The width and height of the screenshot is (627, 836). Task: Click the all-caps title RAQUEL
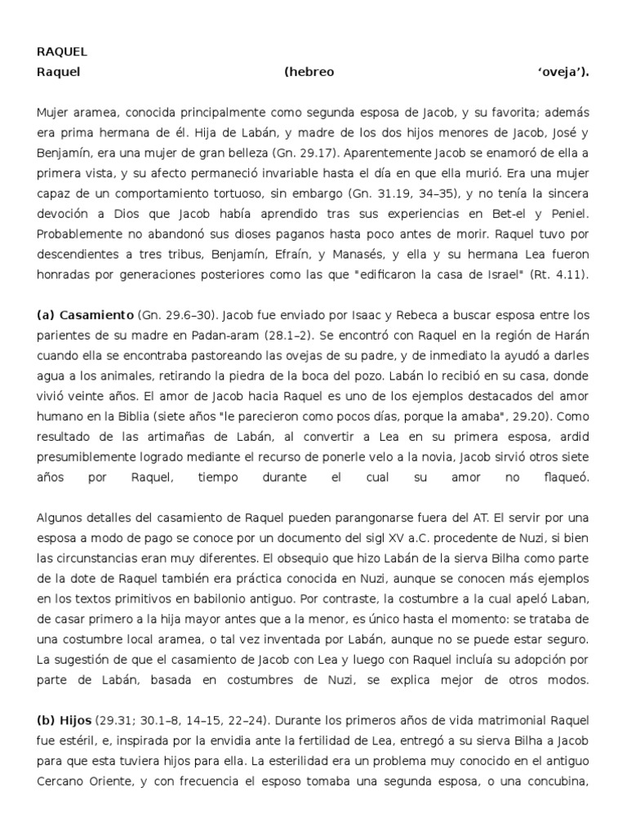pos(62,52)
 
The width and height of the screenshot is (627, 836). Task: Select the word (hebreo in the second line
pos(309,72)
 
